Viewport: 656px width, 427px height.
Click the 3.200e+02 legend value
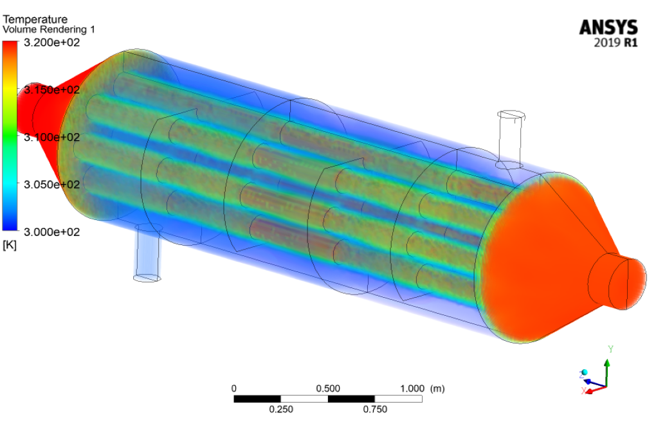(x=51, y=42)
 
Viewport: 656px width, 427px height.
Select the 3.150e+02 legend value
(x=51, y=89)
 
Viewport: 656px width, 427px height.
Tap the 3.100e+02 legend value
(x=51, y=137)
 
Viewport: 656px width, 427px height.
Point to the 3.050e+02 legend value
(x=51, y=184)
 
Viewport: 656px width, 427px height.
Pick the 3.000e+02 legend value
(x=51, y=232)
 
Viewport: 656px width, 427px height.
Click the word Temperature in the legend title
(x=35, y=19)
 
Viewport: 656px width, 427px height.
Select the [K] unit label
(x=9, y=245)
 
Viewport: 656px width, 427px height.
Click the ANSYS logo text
(x=608, y=28)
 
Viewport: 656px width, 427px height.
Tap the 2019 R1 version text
(x=616, y=42)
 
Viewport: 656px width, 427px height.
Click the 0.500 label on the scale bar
(x=328, y=388)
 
